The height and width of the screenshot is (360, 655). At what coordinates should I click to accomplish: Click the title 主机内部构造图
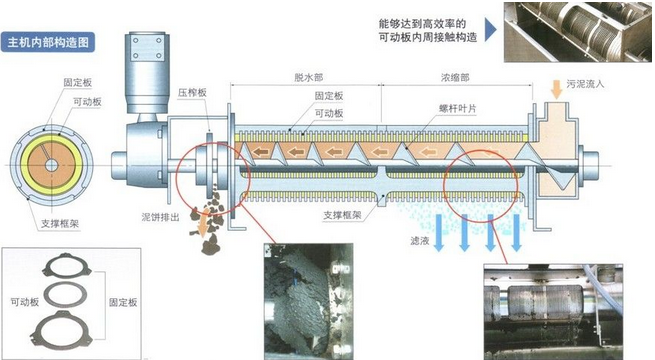(x=49, y=43)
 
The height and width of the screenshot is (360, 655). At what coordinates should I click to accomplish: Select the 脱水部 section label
(x=310, y=76)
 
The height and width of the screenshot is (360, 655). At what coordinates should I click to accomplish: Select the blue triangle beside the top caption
(x=490, y=26)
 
